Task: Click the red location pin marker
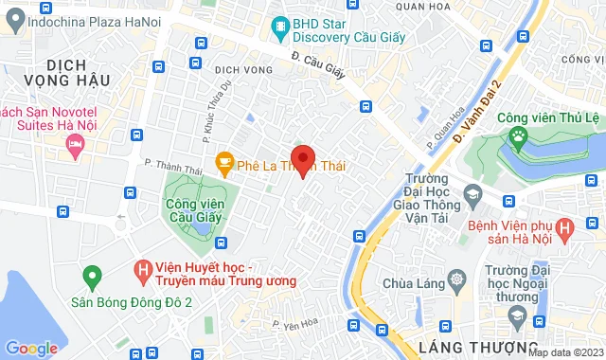pos(302,159)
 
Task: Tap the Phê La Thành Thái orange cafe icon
pos(223,163)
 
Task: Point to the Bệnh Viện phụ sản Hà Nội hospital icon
pos(565,228)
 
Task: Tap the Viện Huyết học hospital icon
pos(144,270)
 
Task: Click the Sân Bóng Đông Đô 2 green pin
pos(92,278)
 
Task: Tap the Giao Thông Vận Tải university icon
pos(471,196)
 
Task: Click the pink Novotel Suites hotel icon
pos(75,145)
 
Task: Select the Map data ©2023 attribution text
pos(564,352)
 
